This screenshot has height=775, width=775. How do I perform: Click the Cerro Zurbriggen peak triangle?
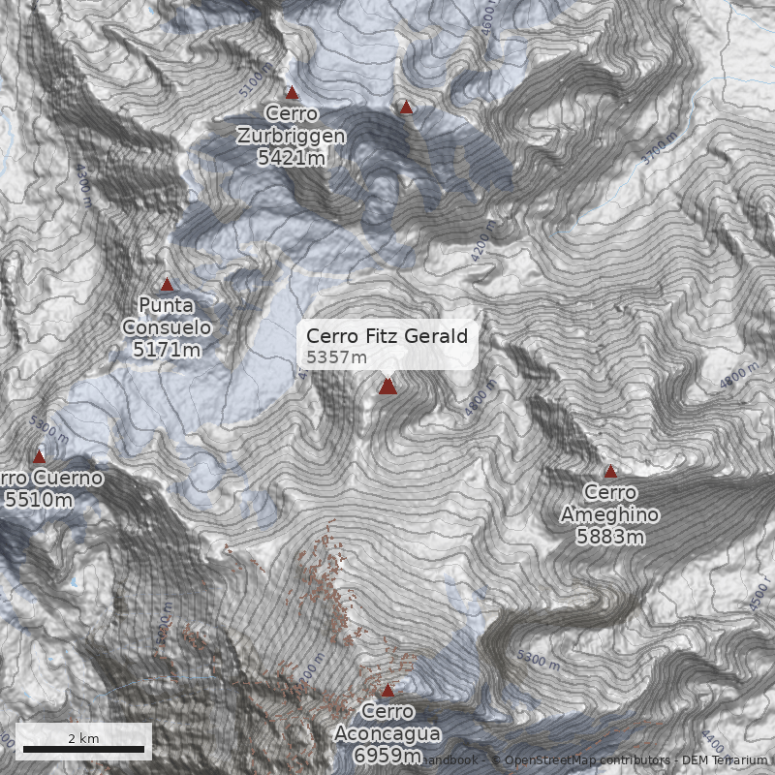click(x=292, y=93)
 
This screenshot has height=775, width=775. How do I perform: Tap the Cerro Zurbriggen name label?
click(x=291, y=125)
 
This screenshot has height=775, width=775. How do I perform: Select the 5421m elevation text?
click(x=291, y=156)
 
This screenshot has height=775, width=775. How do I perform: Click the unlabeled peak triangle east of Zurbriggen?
click(x=407, y=108)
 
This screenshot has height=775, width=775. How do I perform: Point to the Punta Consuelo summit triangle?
click(x=167, y=285)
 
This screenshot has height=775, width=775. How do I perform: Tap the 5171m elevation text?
click(x=167, y=349)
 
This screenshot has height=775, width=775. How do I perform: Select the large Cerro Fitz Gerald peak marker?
click(x=387, y=387)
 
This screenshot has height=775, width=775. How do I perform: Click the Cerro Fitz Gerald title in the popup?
click(x=387, y=336)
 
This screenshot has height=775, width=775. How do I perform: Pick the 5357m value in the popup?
click(x=336, y=357)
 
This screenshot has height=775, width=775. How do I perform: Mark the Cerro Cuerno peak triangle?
click(x=40, y=456)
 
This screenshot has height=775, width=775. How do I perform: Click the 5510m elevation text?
click(x=39, y=500)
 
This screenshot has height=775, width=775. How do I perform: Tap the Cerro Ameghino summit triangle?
click(x=610, y=473)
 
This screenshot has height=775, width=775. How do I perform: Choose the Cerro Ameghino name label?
click(x=610, y=504)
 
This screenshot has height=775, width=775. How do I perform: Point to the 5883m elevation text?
click(x=610, y=536)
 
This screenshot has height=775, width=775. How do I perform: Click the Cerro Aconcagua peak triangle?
click(x=387, y=691)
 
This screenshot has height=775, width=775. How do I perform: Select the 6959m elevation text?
click(x=387, y=755)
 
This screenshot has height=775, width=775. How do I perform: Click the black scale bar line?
click(x=83, y=750)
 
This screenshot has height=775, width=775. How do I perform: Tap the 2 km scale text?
click(x=83, y=738)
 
